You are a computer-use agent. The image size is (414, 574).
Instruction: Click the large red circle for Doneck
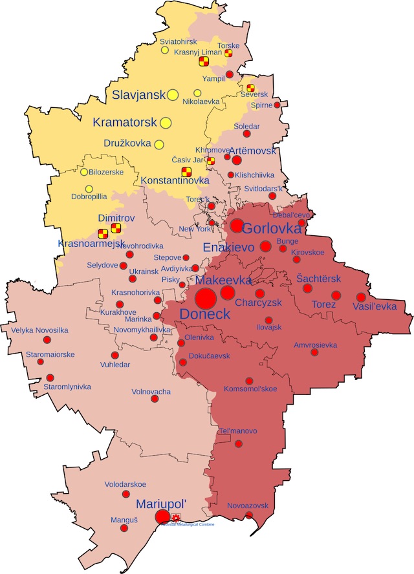206,299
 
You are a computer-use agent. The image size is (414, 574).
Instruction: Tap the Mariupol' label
161,504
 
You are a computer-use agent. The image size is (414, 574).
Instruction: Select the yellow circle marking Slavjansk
173,95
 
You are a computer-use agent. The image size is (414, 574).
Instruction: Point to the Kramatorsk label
124,122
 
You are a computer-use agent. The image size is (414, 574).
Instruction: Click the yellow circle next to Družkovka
159,145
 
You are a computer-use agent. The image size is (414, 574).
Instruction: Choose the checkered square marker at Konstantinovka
186,171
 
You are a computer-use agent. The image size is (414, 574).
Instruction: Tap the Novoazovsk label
248,505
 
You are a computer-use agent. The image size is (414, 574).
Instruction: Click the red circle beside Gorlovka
237,226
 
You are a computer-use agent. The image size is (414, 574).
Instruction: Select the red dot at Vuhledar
115,355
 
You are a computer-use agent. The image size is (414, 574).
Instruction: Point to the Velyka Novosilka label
39,330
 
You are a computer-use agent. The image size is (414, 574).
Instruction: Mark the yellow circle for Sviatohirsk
165,50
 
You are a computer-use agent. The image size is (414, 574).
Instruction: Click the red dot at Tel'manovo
239,443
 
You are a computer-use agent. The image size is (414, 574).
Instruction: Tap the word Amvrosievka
315,345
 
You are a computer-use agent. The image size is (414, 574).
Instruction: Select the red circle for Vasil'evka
361,297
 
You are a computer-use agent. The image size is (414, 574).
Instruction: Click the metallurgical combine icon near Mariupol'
177,517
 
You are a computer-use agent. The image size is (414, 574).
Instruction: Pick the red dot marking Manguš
123,527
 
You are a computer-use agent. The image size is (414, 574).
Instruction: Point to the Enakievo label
230,248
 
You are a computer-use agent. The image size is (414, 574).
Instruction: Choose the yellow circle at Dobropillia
89,189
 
